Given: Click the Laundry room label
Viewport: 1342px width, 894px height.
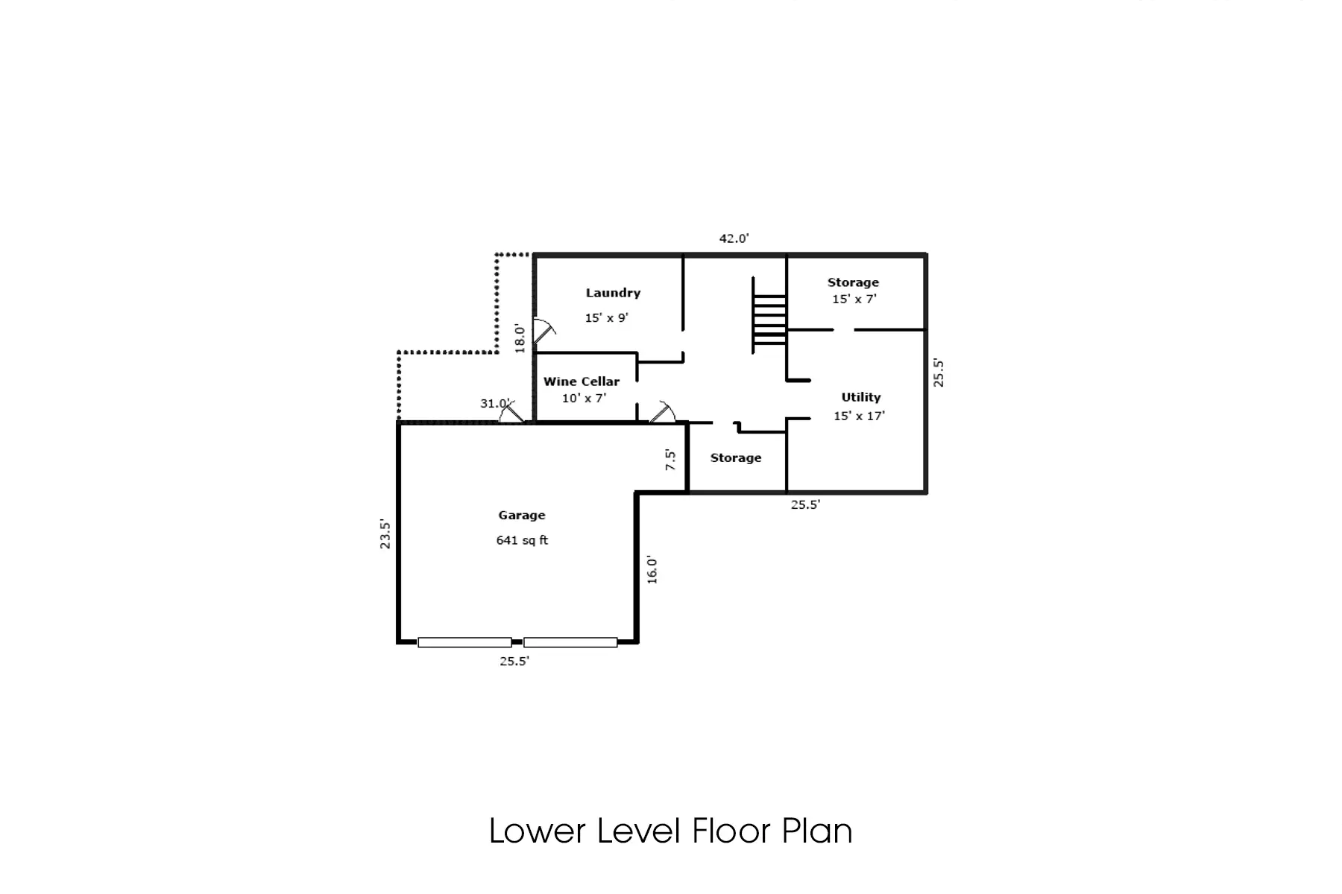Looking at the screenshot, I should pyautogui.click(x=613, y=293).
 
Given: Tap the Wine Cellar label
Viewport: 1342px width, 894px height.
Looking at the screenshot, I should pyautogui.click(x=582, y=381).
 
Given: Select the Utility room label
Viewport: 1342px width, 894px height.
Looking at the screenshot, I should pyautogui.click(x=861, y=397).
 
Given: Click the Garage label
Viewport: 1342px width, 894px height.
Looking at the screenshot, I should pyautogui.click(x=522, y=515).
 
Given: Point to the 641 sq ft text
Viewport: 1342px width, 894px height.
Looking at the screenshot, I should pyautogui.click(x=522, y=540).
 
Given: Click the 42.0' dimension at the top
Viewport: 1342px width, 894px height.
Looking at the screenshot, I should pyautogui.click(x=734, y=238).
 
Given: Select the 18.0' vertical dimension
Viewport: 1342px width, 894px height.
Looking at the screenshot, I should pyautogui.click(x=520, y=338).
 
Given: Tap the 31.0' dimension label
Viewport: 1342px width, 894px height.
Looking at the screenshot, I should pyautogui.click(x=494, y=403).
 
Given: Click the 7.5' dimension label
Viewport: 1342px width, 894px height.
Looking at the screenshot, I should pyautogui.click(x=671, y=459).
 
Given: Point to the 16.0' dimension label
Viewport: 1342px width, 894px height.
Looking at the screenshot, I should pyautogui.click(x=652, y=569).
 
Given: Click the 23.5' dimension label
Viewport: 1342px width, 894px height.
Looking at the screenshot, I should pyautogui.click(x=385, y=534).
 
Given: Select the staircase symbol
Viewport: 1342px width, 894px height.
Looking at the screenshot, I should pyautogui.click(x=769, y=315).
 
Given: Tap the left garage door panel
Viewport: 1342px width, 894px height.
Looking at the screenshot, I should pyautogui.click(x=464, y=642).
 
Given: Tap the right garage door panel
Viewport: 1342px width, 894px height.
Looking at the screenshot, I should pyautogui.click(x=570, y=642).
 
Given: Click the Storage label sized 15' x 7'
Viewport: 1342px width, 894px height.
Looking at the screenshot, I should pyautogui.click(x=853, y=282).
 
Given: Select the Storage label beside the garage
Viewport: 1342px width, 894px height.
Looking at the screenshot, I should pyautogui.click(x=736, y=457).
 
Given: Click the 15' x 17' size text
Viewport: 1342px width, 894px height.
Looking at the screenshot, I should pyautogui.click(x=859, y=416).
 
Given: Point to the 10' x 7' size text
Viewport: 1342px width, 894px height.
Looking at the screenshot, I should pyautogui.click(x=584, y=399).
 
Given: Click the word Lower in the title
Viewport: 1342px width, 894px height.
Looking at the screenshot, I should pyautogui.click(x=537, y=831).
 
